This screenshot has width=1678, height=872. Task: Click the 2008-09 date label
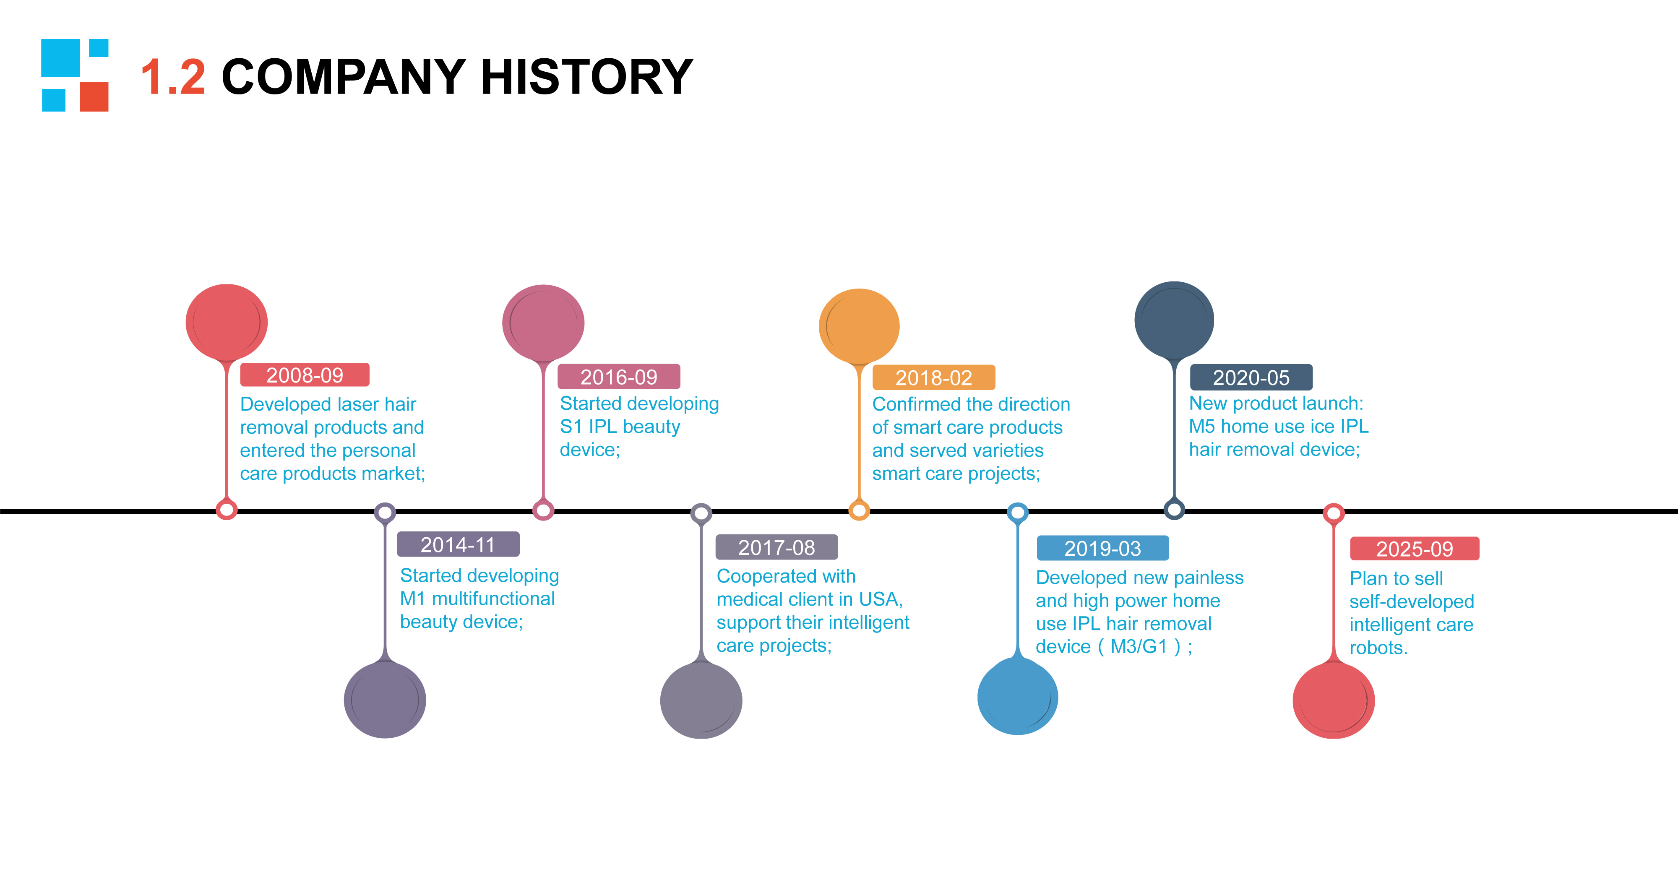[x=305, y=375]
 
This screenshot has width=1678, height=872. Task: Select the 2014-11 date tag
[x=458, y=544]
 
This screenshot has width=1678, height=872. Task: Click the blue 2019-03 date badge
[x=1103, y=548]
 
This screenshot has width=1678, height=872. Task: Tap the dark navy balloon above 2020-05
[x=1175, y=320]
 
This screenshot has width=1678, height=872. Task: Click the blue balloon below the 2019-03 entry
[x=1017, y=696]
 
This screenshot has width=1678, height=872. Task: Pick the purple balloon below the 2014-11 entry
[x=385, y=700]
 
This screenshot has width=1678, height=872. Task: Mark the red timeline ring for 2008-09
[x=227, y=509]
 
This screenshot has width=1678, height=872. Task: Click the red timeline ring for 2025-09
[x=1334, y=513]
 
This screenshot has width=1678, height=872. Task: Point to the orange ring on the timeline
[x=859, y=510]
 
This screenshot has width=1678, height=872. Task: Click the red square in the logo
[x=94, y=96]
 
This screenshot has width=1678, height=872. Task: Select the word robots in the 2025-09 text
[x=1378, y=648]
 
